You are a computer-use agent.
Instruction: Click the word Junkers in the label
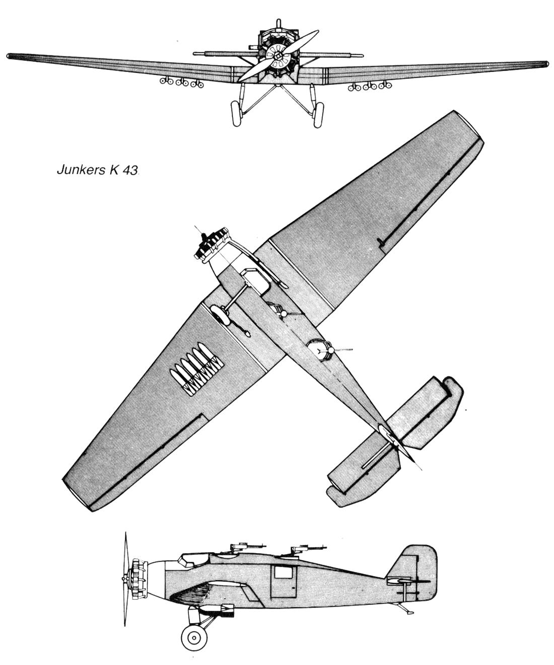click(x=81, y=170)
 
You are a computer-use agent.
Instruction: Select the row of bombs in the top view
click(x=195, y=369)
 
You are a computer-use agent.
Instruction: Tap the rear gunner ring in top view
click(x=319, y=350)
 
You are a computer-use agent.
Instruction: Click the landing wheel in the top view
click(x=220, y=315)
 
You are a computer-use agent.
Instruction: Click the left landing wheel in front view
click(x=237, y=113)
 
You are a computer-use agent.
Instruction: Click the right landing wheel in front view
click(x=318, y=115)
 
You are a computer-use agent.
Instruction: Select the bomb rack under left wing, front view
click(x=182, y=82)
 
